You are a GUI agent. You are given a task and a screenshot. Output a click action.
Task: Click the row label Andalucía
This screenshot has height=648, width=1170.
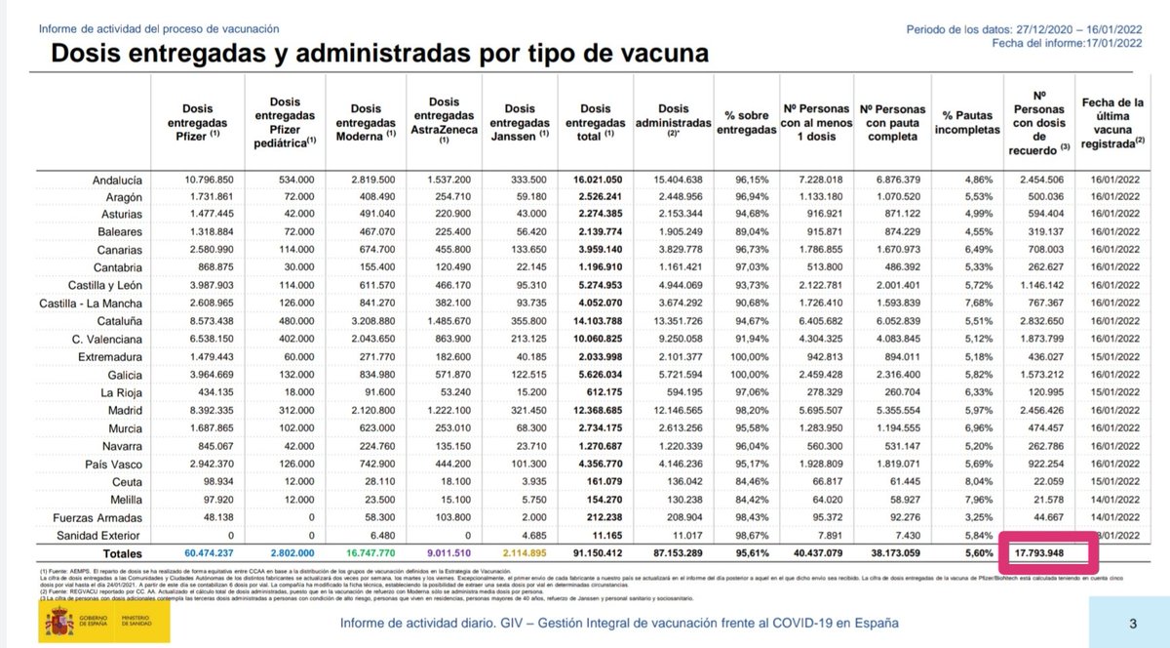[119, 181]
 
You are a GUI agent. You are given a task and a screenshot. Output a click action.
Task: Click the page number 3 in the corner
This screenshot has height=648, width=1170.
[1132, 624]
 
